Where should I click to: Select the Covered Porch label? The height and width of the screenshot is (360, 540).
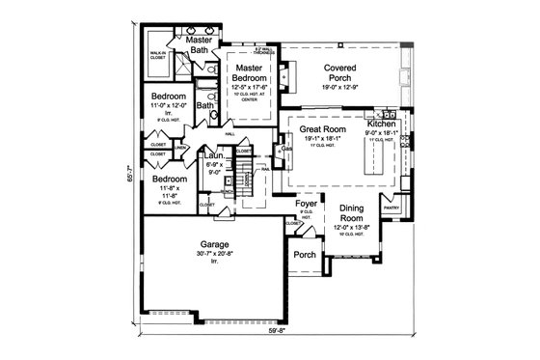[x=342, y=73]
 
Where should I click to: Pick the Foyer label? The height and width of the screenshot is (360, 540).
[x=307, y=205]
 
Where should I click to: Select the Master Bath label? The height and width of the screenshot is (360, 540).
[x=199, y=44]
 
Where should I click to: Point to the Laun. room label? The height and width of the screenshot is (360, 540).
[x=214, y=155]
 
